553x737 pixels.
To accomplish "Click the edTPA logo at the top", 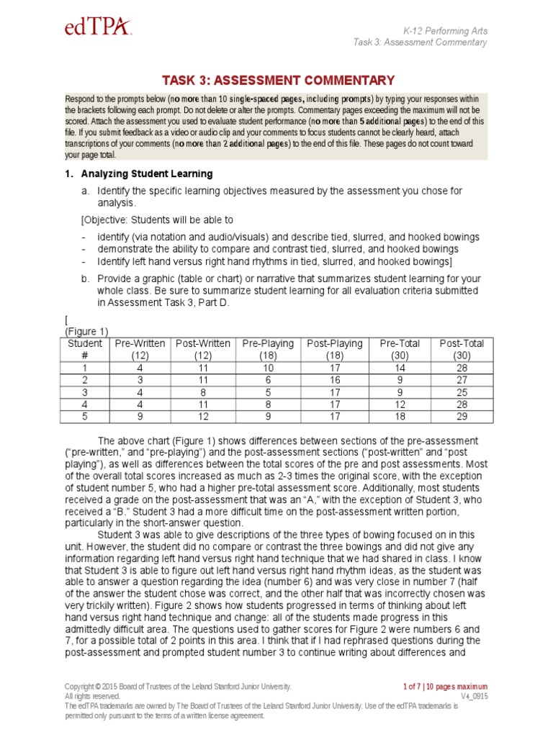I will click(x=98, y=27).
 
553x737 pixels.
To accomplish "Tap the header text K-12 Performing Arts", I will click(x=445, y=30).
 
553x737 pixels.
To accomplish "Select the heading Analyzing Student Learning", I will click(x=146, y=173).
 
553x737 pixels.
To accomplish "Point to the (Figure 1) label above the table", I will click(x=86, y=331).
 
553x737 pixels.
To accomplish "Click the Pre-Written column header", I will click(x=140, y=349).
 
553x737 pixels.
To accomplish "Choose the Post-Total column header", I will click(x=462, y=349).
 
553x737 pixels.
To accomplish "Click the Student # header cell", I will click(x=85, y=349).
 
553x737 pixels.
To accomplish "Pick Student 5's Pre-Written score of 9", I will click(x=140, y=416).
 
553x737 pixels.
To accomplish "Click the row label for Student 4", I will click(x=85, y=404).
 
